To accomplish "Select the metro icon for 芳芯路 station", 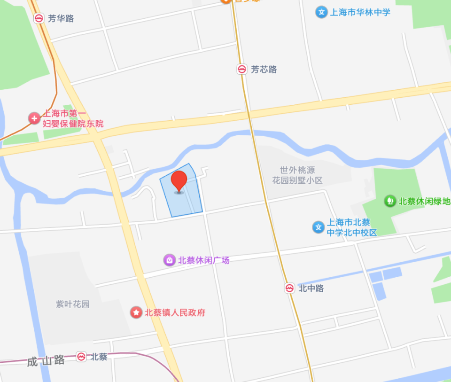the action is point(241,70).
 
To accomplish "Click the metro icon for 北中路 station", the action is point(289,288).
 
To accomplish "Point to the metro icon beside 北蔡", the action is point(82,357).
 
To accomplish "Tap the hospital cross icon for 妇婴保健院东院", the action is point(34,118).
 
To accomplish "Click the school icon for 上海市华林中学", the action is point(321,12).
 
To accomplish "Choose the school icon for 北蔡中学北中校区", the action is point(319,227).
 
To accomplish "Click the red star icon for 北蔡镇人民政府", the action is point(136,312).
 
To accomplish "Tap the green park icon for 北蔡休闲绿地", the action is point(389,201).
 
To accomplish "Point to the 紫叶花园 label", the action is point(73,304).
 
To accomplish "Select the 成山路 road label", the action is point(46,361).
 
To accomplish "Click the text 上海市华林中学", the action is point(360,12).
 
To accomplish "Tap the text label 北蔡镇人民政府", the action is point(175,312).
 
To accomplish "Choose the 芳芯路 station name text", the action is point(264,70).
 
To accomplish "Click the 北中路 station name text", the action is point(311,288).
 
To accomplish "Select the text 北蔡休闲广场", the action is point(203,260).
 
